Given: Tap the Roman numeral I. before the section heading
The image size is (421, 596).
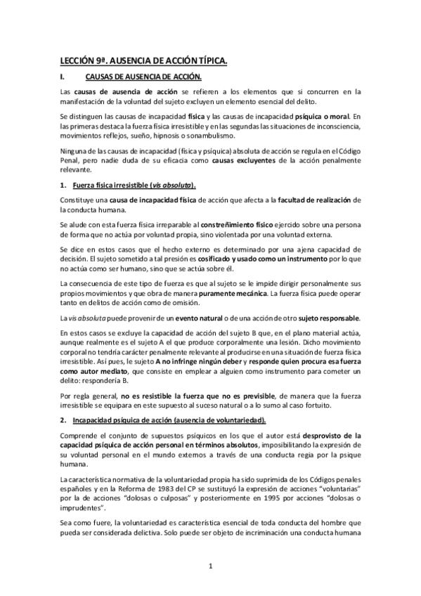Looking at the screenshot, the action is pos(63,77).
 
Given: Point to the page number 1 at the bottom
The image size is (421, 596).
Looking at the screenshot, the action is pos(210,565).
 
